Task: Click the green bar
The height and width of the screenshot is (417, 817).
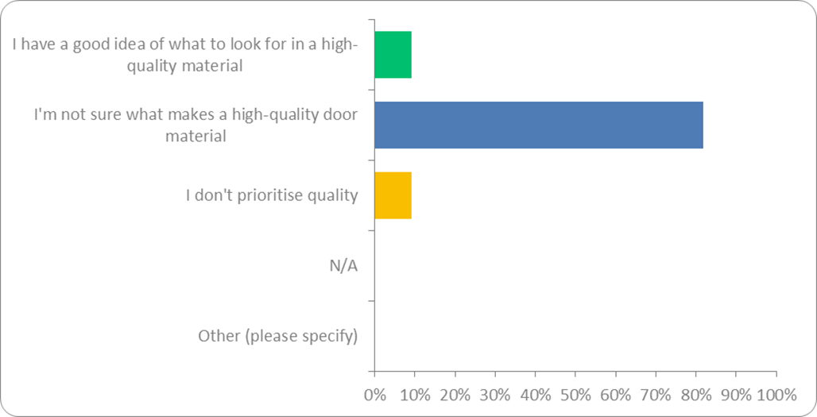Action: coord(393,55)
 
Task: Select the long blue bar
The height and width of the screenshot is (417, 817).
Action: coord(538,125)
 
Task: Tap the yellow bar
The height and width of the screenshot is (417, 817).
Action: coord(393,195)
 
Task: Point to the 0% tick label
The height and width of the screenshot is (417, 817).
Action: coord(374,395)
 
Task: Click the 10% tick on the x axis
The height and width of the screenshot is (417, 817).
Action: coord(415,395)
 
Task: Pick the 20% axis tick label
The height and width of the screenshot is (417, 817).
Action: coord(455,395)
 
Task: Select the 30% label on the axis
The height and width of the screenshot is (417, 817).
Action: coord(495,395)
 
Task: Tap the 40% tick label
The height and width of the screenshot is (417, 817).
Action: coord(535,395)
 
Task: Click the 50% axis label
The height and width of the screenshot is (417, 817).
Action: coord(575,395)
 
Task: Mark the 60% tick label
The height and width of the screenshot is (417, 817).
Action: coord(615,395)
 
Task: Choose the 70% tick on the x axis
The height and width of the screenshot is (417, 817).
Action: coord(656,395)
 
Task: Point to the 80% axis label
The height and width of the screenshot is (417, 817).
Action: coord(695,395)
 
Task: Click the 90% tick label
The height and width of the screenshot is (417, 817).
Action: coord(736,395)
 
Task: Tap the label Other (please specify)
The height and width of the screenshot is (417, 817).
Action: coord(278,336)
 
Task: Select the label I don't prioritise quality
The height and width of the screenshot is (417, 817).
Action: coord(271,195)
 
